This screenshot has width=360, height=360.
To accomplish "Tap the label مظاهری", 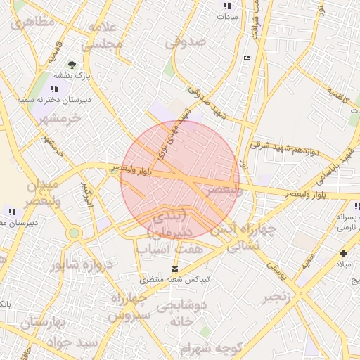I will (30, 22).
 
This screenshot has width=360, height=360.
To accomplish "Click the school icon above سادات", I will (227, 5).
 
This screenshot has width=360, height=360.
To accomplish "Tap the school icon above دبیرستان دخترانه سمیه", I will (55, 89).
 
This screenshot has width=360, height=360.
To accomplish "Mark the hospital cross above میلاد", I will (343, 253).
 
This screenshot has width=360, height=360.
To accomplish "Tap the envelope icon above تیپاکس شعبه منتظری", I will (175, 269).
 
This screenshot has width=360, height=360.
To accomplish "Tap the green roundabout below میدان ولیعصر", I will (74, 233).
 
